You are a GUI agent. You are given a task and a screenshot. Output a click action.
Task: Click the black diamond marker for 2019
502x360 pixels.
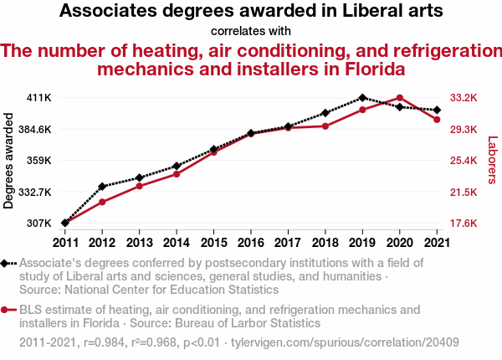[362, 98]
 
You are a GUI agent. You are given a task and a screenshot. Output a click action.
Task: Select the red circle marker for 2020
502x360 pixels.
[400, 98]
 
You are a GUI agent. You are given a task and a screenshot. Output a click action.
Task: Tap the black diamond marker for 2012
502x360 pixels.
[102, 186]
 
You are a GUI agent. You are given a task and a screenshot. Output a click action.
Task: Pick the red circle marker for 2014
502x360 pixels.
[177, 173]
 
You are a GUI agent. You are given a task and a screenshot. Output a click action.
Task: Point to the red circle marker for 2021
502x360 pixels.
[437, 120]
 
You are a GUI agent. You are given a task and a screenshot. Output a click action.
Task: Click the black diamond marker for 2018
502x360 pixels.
[325, 112]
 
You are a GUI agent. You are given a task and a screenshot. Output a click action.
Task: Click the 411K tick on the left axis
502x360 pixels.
[39, 98]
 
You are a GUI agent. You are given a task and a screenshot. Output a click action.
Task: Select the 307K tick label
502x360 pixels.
[39, 224]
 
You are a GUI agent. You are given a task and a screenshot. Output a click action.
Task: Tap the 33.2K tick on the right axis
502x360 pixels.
[463, 98]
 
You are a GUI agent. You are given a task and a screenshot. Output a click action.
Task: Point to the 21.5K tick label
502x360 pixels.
[463, 193]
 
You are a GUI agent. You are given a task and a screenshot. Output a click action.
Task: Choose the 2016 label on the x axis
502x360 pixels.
[251, 243]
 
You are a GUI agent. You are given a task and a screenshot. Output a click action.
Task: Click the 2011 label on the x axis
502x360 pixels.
[65, 243]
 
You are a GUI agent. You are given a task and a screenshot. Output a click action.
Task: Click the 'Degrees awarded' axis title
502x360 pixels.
[9, 161]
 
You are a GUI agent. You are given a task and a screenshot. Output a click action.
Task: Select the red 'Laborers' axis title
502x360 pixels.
[492, 161]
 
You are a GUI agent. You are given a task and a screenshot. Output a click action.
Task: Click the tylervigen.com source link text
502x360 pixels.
[344, 342]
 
